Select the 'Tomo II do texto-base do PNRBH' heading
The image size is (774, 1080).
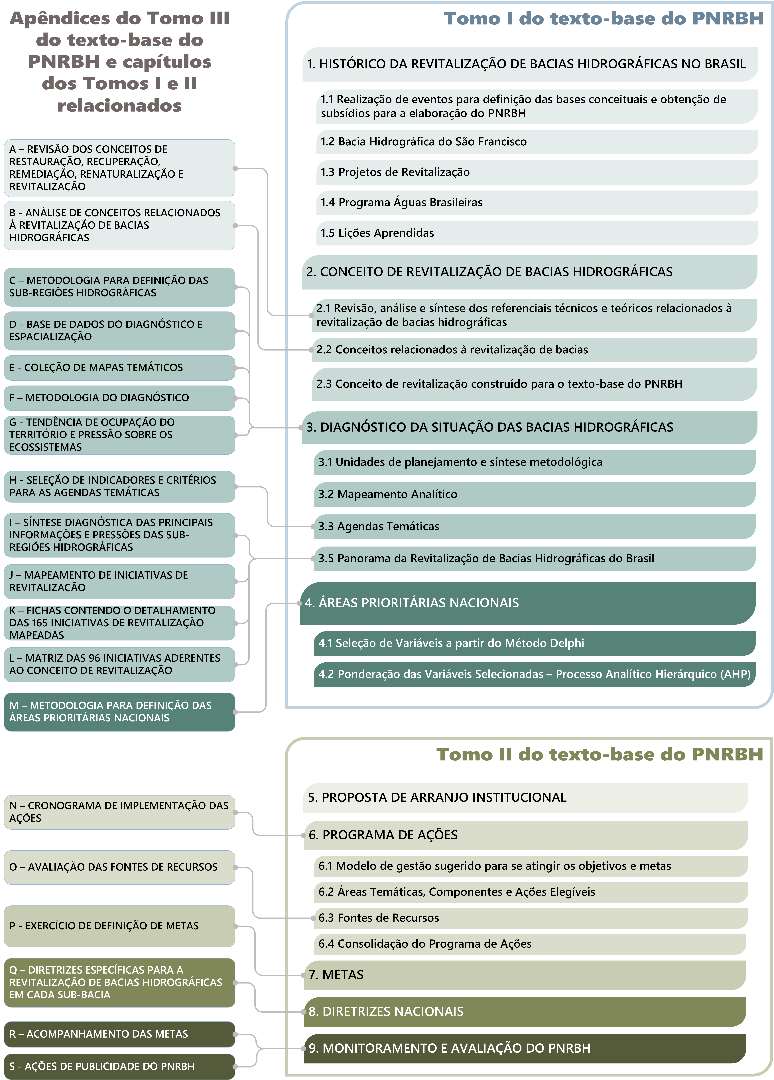tap(600, 754)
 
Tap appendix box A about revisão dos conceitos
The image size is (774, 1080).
tap(119, 168)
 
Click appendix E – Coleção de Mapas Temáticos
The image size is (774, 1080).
tap(119, 368)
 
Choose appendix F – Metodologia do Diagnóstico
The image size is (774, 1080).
tap(119, 398)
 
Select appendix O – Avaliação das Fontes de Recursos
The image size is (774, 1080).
tap(119, 867)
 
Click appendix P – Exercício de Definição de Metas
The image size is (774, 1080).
tap(119, 926)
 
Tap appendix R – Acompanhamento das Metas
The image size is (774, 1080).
tap(119, 1034)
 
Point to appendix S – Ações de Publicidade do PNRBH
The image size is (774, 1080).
tap(119, 1066)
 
